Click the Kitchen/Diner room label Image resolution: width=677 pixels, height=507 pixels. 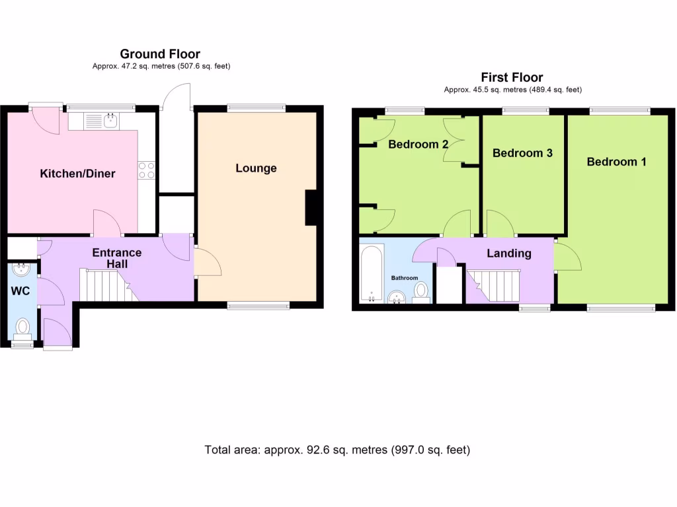coord(78,174)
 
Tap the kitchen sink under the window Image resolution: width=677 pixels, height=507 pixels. coord(110,121)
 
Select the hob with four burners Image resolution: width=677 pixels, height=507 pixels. coord(147,170)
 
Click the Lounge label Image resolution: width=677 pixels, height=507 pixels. coord(256,168)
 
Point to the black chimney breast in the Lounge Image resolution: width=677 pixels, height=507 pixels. coord(310,207)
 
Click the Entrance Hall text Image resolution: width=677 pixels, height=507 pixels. coord(116,258)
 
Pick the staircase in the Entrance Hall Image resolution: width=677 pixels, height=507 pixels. coord(106,285)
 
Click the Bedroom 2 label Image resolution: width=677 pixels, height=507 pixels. coord(418,144)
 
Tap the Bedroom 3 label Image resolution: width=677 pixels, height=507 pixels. coord(522,152)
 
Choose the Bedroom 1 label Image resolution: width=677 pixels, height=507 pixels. coord(616,161)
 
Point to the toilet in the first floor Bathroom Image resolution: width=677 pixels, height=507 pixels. coord(420,291)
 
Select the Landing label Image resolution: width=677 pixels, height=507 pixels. coord(508,253)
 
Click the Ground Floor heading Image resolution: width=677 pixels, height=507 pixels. coord(160,54)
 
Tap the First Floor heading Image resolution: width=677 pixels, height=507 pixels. coord(512,77)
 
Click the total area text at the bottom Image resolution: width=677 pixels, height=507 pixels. coord(337,450)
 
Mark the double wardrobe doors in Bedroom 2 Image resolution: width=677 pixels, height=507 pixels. coord(454,140)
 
